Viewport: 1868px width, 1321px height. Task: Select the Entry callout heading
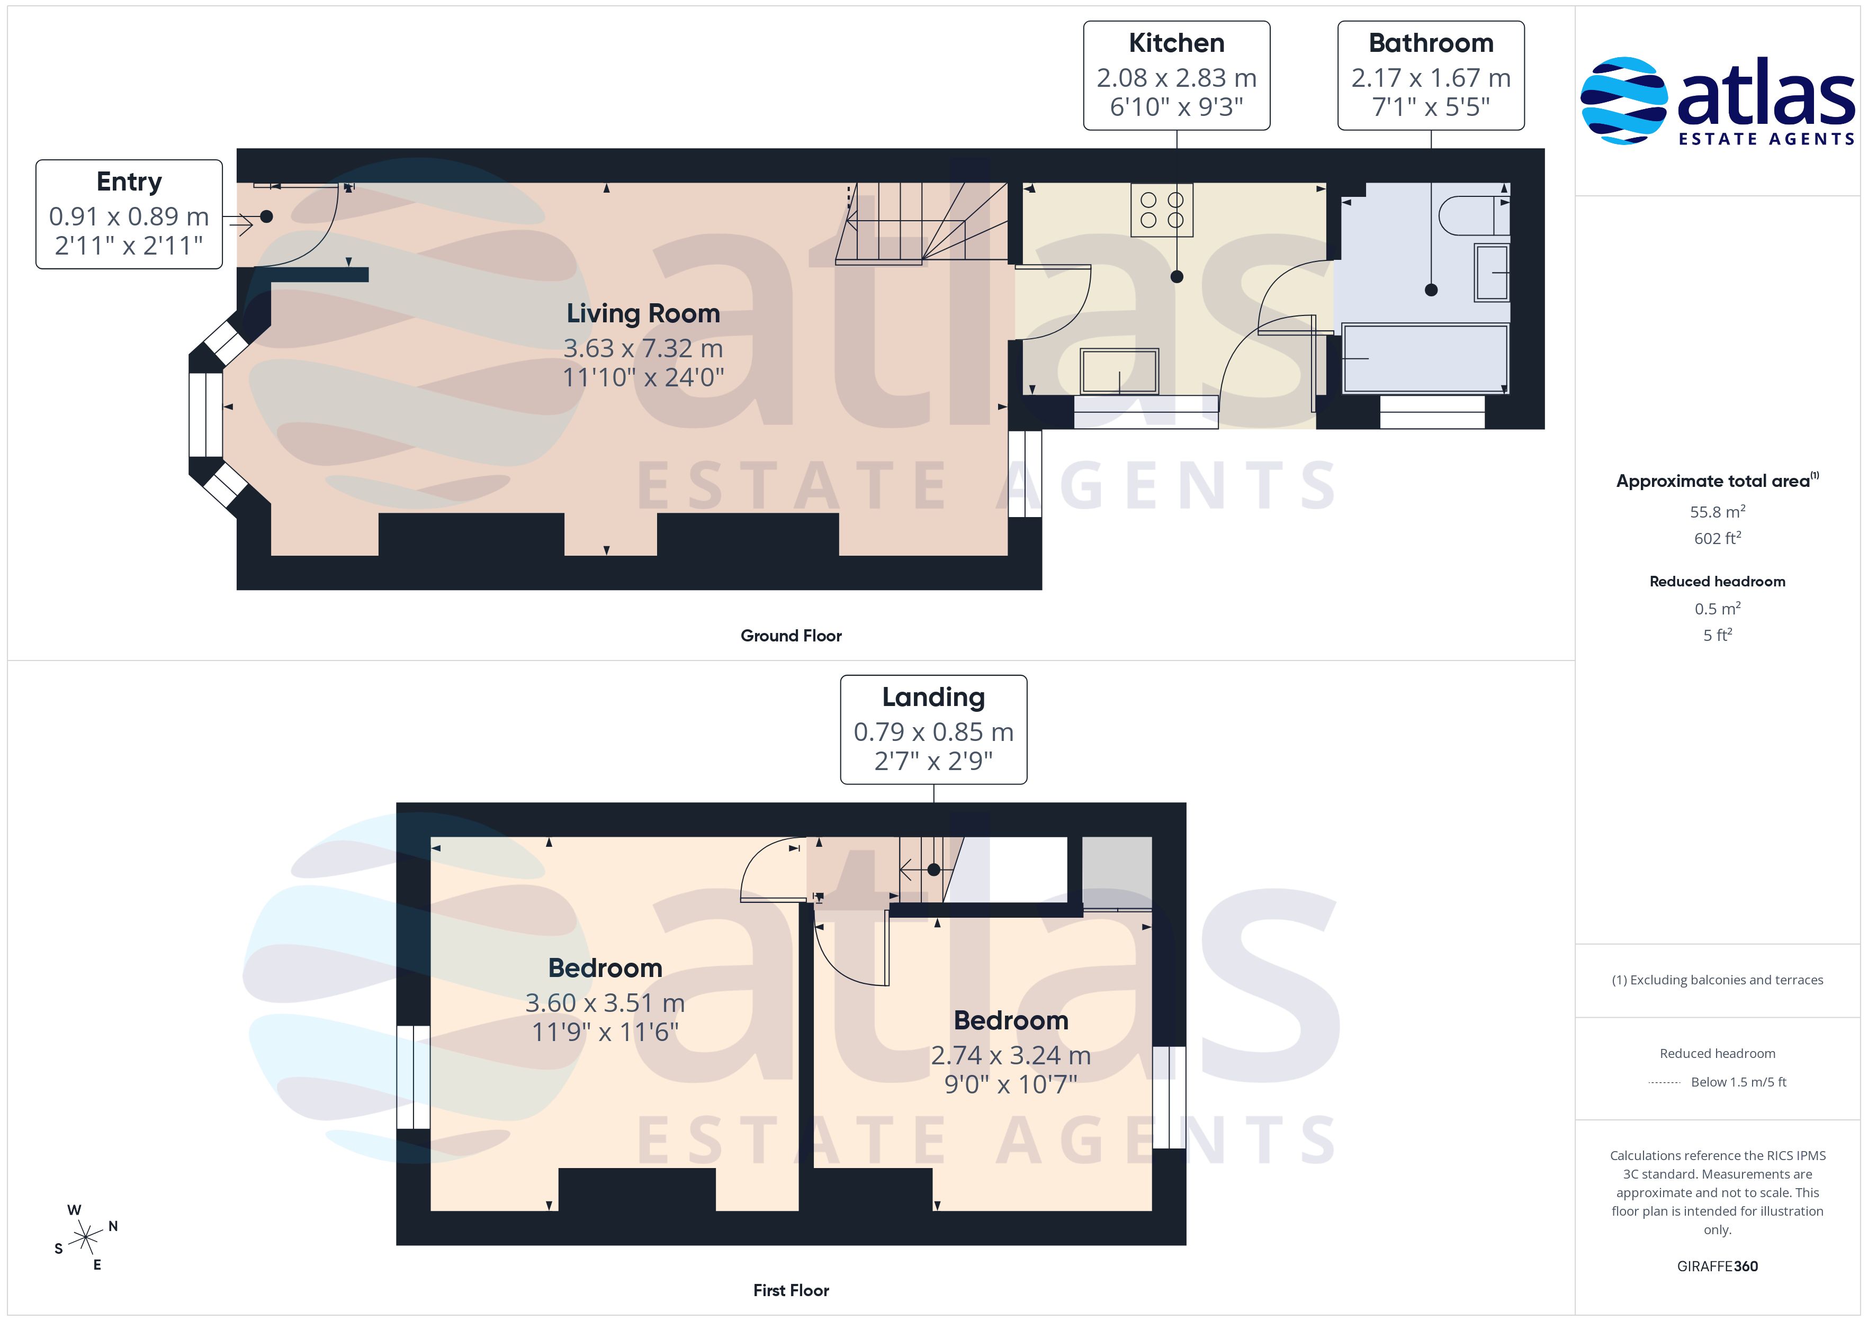point(129,182)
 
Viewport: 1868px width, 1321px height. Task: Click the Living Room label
point(643,313)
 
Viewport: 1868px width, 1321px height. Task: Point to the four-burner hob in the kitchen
point(1162,210)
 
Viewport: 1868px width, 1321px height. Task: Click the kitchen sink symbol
point(1119,372)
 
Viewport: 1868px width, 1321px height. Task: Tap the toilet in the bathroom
point(1474,215)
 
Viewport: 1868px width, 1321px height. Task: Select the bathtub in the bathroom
point(1425,359)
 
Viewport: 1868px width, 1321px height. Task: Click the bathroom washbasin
point(1492,272)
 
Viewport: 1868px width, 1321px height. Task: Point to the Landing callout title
point(933,697)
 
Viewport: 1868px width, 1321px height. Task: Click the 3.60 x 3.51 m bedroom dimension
point(605,1003)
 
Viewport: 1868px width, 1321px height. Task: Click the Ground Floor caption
point(791,636)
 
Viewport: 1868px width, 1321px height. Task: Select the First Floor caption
point(791,1290)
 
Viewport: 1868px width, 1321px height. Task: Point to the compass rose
point(85,1238)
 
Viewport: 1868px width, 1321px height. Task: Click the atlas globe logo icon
point(1622,101)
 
